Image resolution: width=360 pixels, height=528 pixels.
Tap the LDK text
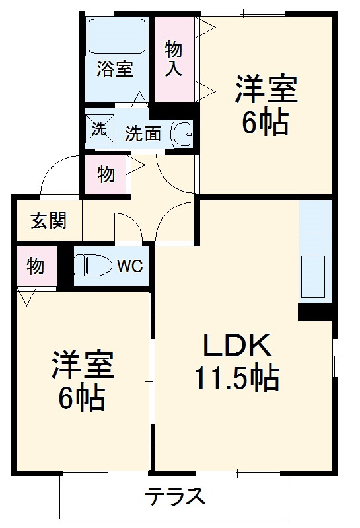(236, 346)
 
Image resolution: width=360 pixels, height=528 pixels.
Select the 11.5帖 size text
(236, 378)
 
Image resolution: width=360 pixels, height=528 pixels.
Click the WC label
(130, 266)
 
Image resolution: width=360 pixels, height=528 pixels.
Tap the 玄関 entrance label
(48, 221)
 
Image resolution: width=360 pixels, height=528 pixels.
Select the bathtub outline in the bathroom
(117, 37)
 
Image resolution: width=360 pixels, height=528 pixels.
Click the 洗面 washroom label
(143, 133)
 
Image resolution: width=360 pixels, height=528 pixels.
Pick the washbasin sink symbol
(182, 133)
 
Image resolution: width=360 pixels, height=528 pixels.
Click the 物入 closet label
(173, 58)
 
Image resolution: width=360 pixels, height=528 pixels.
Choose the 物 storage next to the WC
(36, 266)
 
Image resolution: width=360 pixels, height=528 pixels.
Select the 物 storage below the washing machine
(106, 174)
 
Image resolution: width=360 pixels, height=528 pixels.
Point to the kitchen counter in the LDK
(314, 251)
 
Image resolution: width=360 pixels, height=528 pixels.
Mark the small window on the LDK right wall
(335, 358)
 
